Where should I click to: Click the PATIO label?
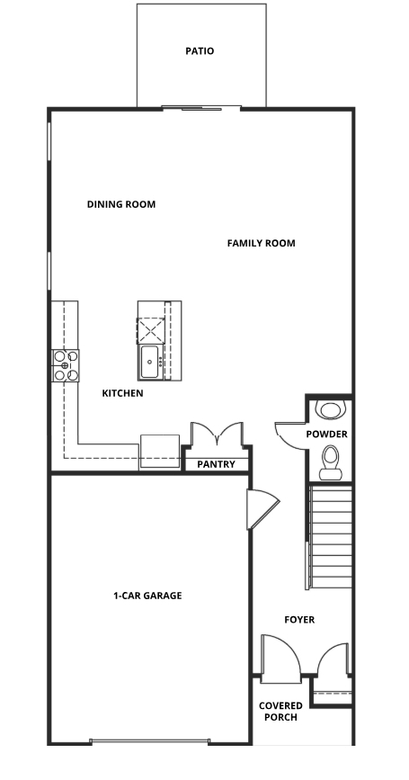pos(200,51)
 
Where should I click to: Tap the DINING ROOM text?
pos(121,204)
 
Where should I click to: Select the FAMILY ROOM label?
pos(261,243)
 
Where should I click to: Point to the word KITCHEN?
pos(122,393)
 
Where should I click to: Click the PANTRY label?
pos(217,464)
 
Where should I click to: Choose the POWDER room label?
pos(326,434)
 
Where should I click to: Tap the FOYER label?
pos(299,620)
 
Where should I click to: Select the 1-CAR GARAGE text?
pos(147,596)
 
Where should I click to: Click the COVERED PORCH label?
pos(279,712)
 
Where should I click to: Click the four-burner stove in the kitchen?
pos(66,365)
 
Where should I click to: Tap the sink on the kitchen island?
pos(148,362)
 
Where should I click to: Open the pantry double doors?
pos(216,435)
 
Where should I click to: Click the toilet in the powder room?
pos(332,459)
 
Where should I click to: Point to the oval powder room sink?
pos(331,410)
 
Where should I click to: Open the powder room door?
pos(290,434)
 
